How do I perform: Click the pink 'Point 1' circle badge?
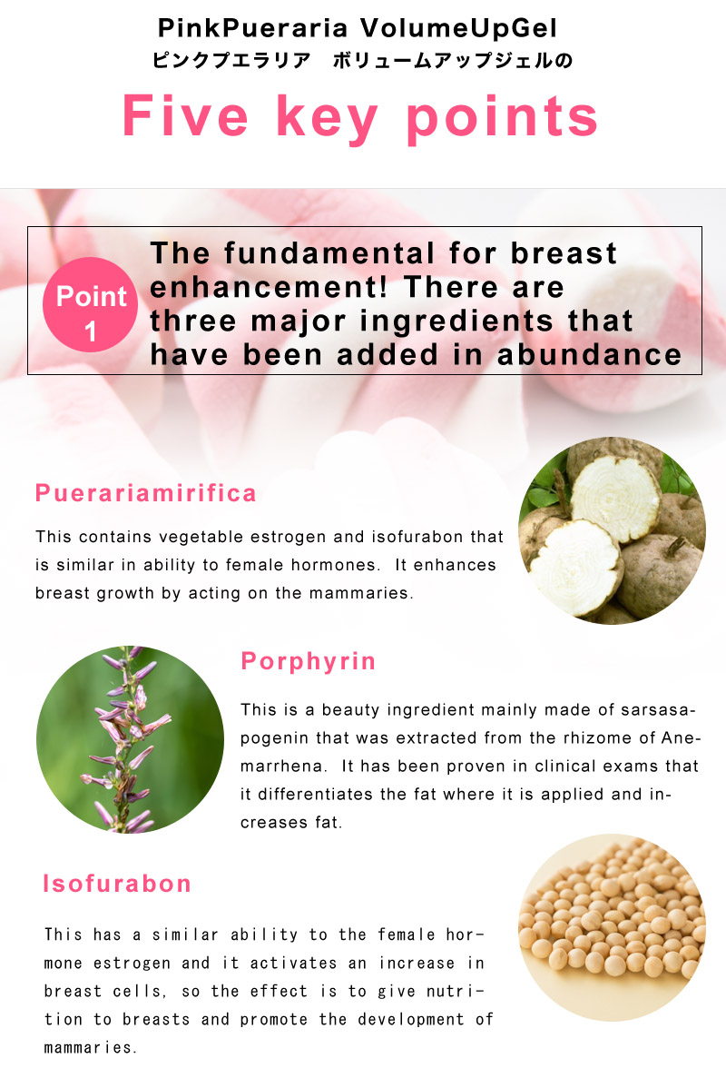tap(90, 304)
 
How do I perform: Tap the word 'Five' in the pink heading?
tap(185, 115)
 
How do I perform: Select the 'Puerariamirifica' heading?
tap(145, 493)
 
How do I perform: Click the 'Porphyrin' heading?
tap(309, 661)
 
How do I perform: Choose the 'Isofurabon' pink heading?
tap(117, 884)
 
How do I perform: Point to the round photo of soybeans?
tap(612, 927)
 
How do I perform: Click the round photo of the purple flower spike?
tap(130, 740)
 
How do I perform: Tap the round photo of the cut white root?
tap(612, 530)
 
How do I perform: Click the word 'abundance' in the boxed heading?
tap(589, 355)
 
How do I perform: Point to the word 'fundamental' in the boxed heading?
tap(329, 253)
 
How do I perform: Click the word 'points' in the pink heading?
tap(502, 118)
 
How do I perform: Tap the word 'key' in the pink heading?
tap(327, 118)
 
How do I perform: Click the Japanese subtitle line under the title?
tap(362, 61)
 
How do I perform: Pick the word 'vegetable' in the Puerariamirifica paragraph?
tap(200, 537)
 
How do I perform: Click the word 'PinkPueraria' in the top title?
tap(253, 28)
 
